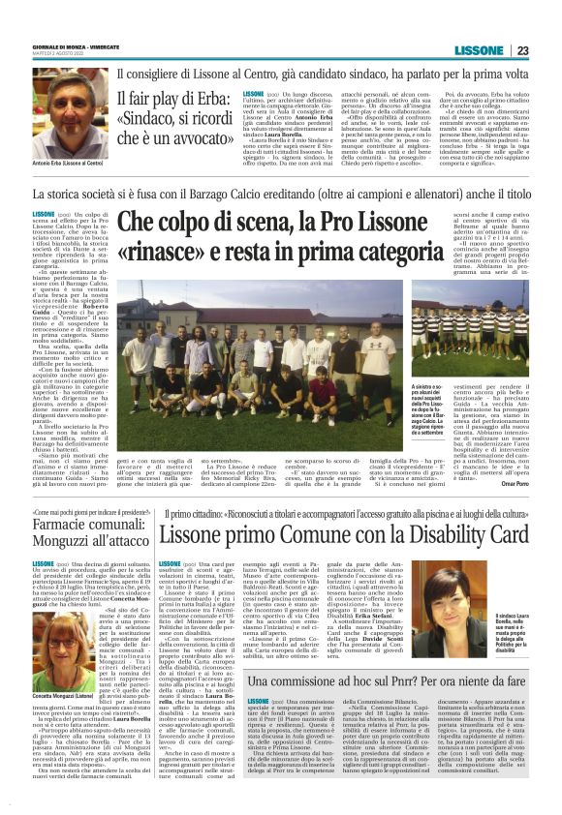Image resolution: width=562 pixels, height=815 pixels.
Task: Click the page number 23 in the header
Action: click(522, 50)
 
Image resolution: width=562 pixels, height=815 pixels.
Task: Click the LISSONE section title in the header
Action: click(482, 50)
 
